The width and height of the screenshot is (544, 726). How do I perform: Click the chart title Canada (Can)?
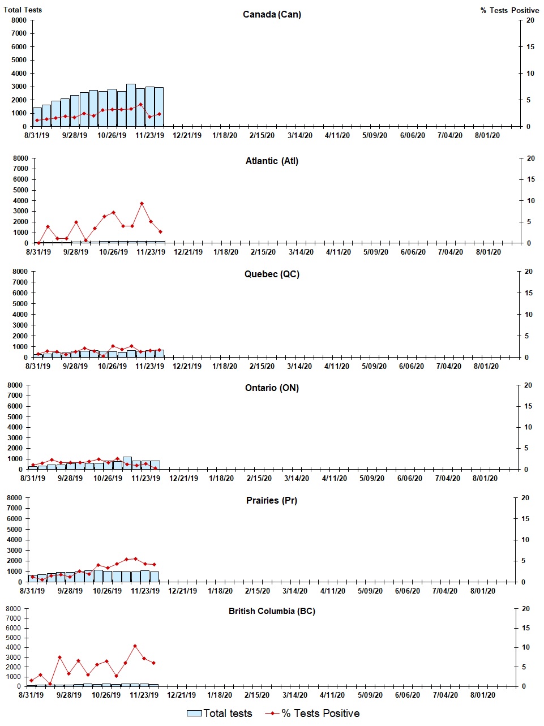[272, 14]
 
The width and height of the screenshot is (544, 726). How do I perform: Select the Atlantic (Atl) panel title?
[272, 161]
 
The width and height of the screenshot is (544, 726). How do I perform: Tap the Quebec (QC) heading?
[272, 274]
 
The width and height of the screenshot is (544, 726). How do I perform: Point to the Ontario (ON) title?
[272, 388]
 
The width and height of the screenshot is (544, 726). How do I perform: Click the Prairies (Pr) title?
[272, 501]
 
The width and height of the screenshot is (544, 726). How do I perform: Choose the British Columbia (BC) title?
[272, 611]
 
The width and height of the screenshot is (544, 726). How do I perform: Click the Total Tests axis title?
[23, 10]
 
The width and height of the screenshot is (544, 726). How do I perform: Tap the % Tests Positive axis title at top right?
[509, 10]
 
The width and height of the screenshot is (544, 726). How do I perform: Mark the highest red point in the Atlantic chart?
[142, 204]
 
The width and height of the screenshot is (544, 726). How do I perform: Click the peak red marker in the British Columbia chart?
[135, 646]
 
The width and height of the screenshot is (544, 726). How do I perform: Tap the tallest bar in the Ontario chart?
[127, 462]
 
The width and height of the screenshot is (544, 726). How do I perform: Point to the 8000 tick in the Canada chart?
[19, 20]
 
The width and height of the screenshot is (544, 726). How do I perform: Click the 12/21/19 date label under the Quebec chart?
[187, 366]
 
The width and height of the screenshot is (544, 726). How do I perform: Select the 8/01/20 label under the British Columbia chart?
[482, 695]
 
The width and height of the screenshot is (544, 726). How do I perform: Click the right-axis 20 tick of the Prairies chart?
[525, 498]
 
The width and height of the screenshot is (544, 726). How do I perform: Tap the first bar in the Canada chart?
[37, 117]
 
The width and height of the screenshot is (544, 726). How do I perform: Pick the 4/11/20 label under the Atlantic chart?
[338, 252]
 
